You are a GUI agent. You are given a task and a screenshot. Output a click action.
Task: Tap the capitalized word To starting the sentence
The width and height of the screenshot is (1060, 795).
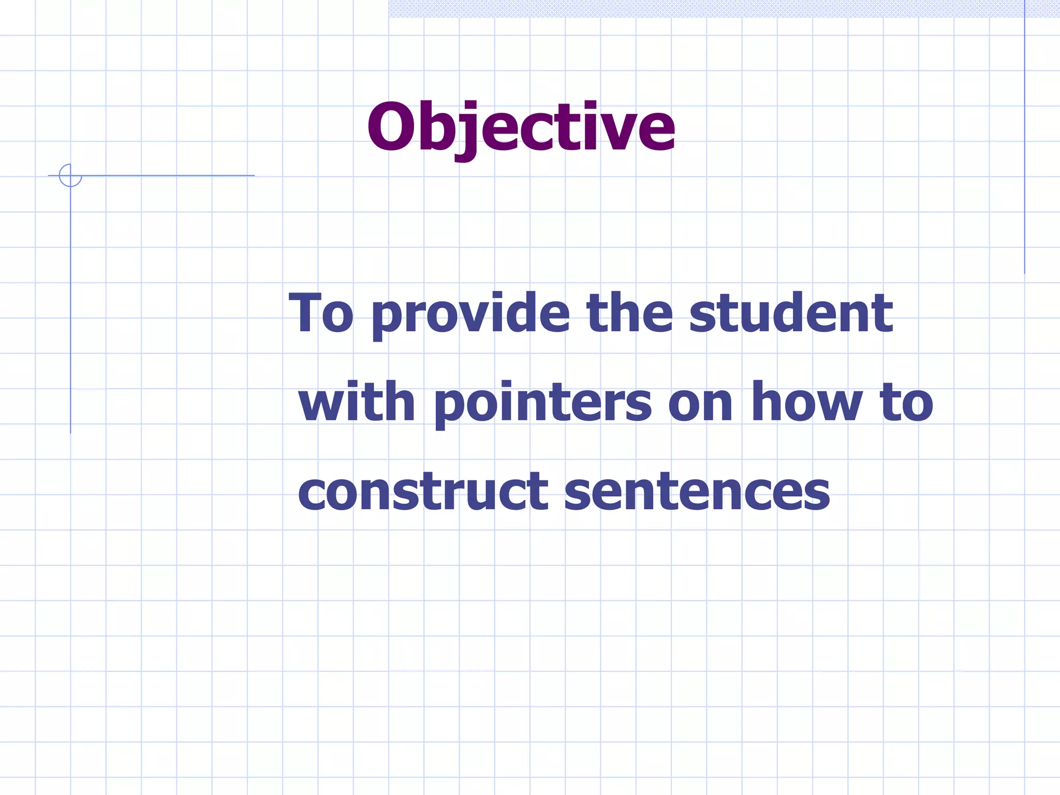coord(321,313)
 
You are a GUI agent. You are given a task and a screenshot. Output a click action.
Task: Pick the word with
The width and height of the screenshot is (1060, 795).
coord(357,402)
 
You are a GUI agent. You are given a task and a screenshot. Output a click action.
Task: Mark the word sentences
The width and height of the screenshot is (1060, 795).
coord(697,492)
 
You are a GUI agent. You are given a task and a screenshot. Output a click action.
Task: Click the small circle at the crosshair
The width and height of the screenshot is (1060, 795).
coord(70,175)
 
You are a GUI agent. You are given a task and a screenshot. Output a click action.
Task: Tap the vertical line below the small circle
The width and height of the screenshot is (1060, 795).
coord(70,311)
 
